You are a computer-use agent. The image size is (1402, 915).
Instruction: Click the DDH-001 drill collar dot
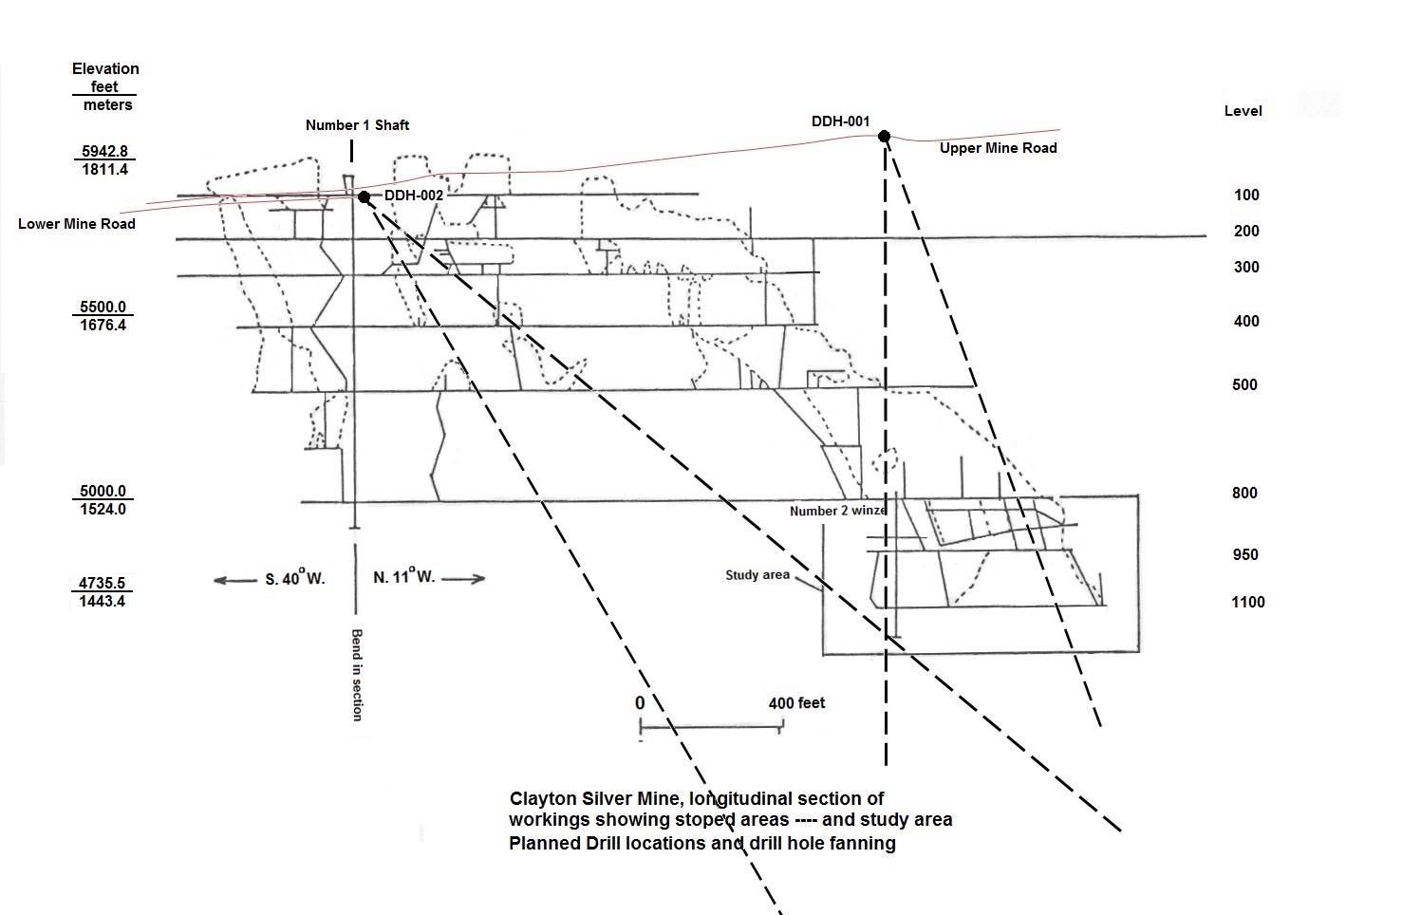[x=884, y=137]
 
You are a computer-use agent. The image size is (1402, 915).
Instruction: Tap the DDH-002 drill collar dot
[x=364, y=196]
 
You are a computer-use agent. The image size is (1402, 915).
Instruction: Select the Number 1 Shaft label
[x=357, y=125]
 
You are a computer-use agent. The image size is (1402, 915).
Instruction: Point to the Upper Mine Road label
[x=998, y=148]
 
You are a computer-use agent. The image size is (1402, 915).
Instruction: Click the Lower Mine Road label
[x=77, y=224]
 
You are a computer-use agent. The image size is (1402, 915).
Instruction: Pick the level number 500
[x=1244, y=384]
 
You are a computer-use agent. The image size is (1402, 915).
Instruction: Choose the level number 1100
[x=1247, y=602]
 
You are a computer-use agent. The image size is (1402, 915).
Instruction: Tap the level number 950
[x=1244, y=554]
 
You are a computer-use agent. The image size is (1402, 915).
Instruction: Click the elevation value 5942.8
[x=103, y=151]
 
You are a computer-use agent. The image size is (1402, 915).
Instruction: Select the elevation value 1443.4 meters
[x=103, y=601]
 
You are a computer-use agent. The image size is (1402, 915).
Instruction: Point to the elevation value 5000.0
[x=103, y=491]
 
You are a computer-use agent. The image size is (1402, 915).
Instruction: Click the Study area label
[x=757, y=574]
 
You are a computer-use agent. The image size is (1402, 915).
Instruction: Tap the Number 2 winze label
[x=838, y=511]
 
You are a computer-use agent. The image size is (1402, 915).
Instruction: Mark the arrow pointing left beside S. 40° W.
[x=234, y=580]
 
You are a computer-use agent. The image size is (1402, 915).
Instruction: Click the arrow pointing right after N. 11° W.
[x=464, y=578]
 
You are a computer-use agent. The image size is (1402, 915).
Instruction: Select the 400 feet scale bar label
[x=796, y=703]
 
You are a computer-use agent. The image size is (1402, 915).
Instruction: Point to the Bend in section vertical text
[x=357, y=674]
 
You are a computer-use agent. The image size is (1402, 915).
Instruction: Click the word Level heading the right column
[x=1243, y=111]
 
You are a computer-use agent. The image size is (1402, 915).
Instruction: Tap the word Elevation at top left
[x=105, y=68]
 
